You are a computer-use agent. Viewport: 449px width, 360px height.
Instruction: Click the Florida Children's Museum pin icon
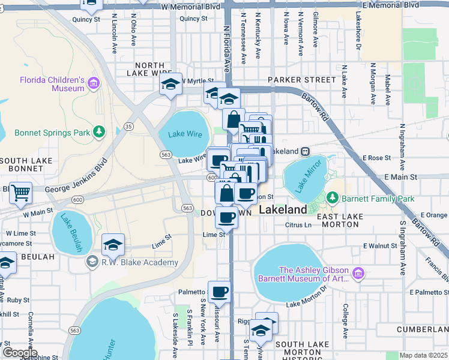coord(93,83)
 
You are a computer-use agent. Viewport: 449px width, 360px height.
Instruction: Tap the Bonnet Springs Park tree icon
coord(99,131)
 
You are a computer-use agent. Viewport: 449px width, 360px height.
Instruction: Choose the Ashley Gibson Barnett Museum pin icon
coord(359,274)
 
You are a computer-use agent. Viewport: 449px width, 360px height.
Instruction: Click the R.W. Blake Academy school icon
coord(92,262)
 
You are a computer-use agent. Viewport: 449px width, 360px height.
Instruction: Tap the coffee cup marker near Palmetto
coord(220,292)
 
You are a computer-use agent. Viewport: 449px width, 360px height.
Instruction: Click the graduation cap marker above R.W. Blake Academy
coord(113,244)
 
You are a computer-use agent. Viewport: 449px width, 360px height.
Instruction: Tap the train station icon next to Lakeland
coord(305,152)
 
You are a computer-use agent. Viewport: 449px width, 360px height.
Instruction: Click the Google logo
coord(19,353)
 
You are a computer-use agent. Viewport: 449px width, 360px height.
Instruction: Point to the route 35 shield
coord(128,126)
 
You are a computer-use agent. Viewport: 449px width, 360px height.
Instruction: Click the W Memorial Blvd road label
coord(191,5)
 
